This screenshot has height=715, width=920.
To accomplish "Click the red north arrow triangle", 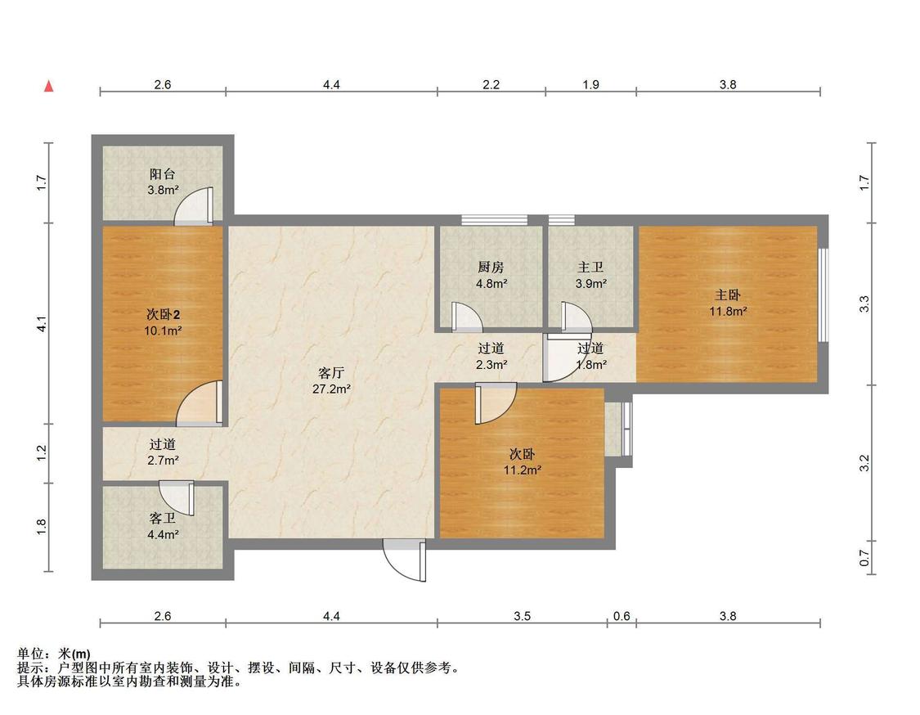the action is tap(49, 86).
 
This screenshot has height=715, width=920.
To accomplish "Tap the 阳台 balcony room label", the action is tap(163, 173).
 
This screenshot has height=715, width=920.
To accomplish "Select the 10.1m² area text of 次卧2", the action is tap(163, 331).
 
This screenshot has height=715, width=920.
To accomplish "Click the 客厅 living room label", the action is tap(331, 373).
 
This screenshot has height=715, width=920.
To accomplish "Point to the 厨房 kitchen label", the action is tap(491, 268).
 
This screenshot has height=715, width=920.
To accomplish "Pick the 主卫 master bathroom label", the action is tap(590, 268).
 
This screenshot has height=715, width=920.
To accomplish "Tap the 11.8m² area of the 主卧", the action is tap(728, 312).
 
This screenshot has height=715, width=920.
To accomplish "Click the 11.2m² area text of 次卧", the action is tap(523, 470).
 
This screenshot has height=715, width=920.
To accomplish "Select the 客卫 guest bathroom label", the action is tap(163, 519).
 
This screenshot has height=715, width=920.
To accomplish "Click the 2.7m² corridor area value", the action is tap(163, 461).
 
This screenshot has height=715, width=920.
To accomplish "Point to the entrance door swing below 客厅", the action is tap(404, 560).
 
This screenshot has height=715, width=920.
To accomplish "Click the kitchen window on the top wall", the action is tap(494, 220).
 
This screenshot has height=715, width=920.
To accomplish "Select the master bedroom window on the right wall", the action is tap(824, 295).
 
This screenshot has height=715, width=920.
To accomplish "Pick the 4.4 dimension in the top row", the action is tap(331, 84).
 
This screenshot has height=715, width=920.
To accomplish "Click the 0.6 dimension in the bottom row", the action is tap(622, 616).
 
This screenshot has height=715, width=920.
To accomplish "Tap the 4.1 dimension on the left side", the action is tap(42, 323).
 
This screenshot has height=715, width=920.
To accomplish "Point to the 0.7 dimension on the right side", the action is tap(864, 558).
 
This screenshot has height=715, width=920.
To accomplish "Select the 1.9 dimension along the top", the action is tap(590, 84).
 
